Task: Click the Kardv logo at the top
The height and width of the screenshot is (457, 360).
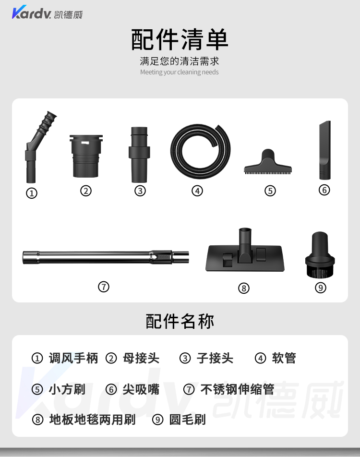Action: pyautogui.click(x=47, y=12)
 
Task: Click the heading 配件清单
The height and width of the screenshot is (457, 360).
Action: pyautogui.click(x=180, y=40)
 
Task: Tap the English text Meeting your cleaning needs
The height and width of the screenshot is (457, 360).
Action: pyautogui.click(x=179, y=72)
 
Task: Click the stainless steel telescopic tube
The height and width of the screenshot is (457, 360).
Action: pyautogui.click(x=106, y=257)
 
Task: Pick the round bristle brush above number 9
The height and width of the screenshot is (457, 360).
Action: pyautogui.click(x=320, y=254)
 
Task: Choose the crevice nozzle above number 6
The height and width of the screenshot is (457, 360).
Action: pyautogui.click(x=325, y=150)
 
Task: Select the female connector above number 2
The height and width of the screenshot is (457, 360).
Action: pyautogui.click(x=86, y=156)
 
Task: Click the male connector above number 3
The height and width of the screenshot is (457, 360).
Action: pyautogui.click(x=139, y=155)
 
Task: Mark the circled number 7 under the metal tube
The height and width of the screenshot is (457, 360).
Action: pyautogui.click(x=104, y=287)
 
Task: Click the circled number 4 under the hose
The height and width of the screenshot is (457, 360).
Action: pyautogui.click(x=197, y=191)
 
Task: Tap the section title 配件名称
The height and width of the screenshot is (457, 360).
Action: pyautogui.click(x=180, y=322)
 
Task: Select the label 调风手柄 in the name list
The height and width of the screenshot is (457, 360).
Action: pyautogui.click(x=73, y=358)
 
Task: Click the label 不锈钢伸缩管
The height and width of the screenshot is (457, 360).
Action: pyautogui.click(x=237, y=389)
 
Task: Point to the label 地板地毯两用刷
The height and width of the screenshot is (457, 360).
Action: pyautogui.click(x=93, y=420)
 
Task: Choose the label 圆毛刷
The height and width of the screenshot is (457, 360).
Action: pyautogui.click(x=187, y=420)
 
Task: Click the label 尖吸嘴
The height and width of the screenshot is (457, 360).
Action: pyautogui.click(x=141, y=389)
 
